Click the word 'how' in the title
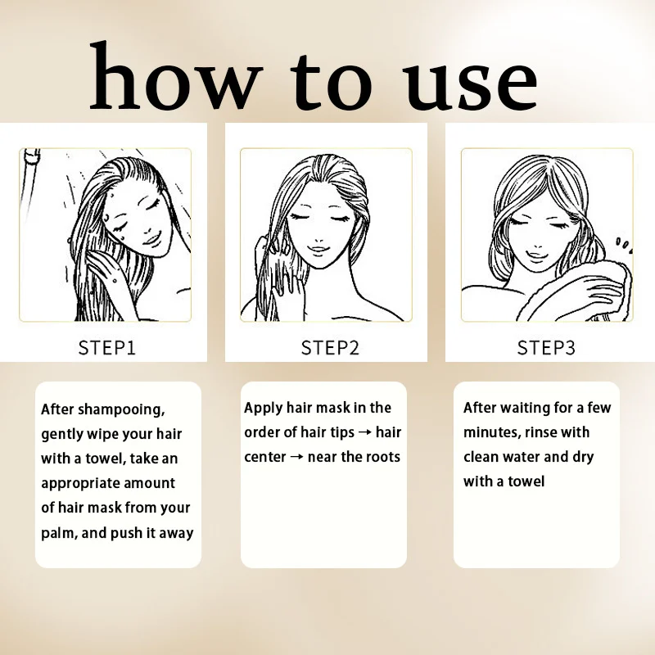pyautogui.click(x=176, y=76)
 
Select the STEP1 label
pyautogui.click(x=107, y=347)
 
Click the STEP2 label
pyautogui.click(x=330, y=347)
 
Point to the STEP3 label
pyautogui.click(x=546, y=347)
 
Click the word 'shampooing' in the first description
pyautogui.click(x=121, y=410)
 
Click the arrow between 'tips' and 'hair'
pyautogui.click(x=365, y=432)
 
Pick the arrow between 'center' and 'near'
pyautogui.click(x=296, y=457)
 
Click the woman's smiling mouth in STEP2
pyautogui.click(x=318, y=250)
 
